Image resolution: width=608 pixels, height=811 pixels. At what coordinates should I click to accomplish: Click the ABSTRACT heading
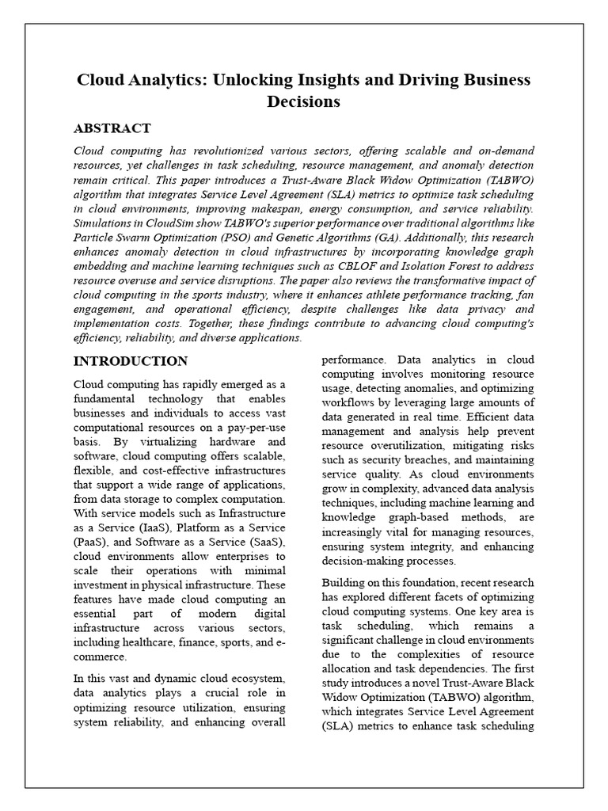point(112,128)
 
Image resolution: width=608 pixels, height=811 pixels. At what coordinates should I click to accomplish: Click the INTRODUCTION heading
point(131,361)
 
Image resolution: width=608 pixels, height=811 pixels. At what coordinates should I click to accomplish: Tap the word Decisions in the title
point(303,101)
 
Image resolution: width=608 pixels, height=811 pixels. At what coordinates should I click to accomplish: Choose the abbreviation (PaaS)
point(91,541)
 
